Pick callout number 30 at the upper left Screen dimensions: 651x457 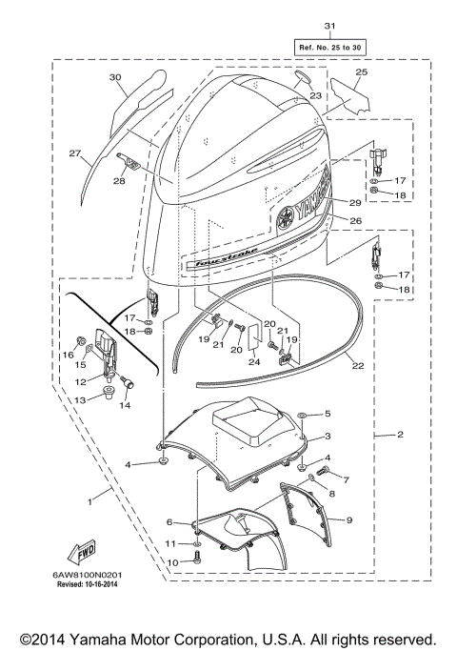115,77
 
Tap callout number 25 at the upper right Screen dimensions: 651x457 361,72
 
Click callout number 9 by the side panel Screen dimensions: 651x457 349,519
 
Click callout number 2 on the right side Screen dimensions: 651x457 400,435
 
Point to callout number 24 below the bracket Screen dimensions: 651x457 254,361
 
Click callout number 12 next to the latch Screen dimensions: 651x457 82,381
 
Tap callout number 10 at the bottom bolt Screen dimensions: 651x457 174,561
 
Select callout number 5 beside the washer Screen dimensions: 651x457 328,414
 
